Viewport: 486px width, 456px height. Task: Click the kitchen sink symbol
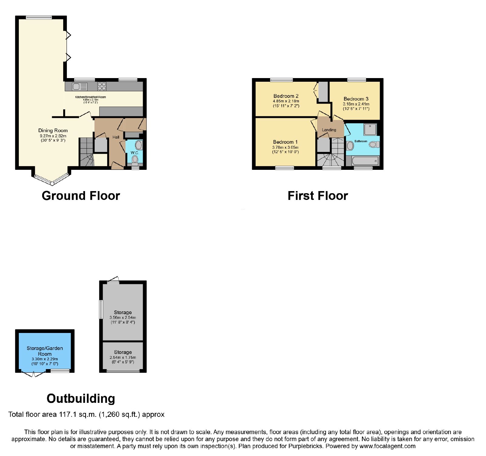80,87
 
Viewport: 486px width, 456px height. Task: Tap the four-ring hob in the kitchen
102,87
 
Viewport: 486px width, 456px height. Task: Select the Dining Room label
53,130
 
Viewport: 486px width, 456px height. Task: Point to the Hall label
116,137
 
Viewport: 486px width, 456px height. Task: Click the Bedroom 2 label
286,96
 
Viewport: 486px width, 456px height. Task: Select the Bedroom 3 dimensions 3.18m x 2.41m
356,104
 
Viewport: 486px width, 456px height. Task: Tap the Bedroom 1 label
285,142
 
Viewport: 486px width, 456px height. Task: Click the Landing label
329,130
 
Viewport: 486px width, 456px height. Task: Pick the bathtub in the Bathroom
365,161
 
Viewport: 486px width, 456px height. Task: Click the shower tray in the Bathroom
370,129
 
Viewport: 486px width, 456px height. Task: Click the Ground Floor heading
81,196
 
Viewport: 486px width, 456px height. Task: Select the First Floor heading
318,196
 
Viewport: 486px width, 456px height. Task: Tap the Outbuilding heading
81,399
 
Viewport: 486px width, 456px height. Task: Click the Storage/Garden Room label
45,351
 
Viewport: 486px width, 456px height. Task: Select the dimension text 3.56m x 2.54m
123,317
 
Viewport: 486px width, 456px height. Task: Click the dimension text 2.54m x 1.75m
123,357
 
